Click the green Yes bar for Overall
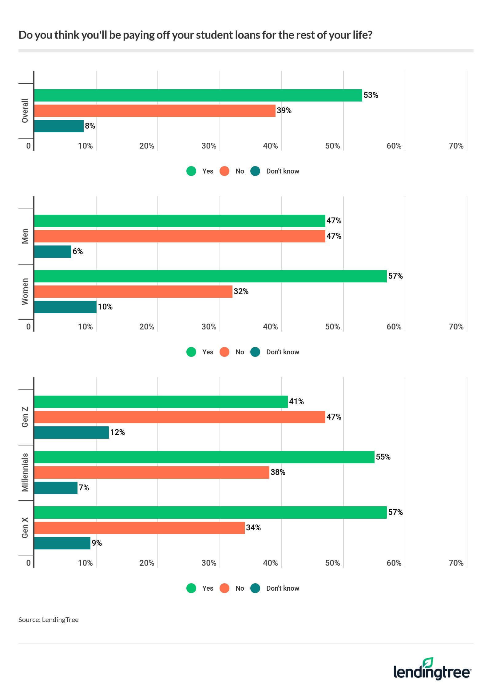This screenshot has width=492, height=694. click(x=198, y=95)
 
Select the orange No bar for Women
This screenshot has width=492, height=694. click(x=133, y=292)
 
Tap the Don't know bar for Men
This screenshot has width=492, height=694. click(x=53, y=252)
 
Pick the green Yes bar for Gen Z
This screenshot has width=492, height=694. click(x=161, y=402)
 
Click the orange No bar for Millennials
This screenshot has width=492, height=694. click(x=152, y=473)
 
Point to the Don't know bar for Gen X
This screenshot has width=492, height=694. click(x=62, y=543)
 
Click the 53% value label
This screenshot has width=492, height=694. click(x=371, y=95)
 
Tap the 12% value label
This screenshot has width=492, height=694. click(x=117, y=433)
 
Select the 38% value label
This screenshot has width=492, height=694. click(x=278, y=473)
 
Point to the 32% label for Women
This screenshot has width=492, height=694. click(x=241, y=292)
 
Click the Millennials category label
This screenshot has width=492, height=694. click(x=25, y=473)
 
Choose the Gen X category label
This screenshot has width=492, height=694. click(x=25, y=528)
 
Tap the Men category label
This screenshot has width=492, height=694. click(x=25, y=236)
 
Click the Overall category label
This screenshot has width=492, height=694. click(x=25, y=111)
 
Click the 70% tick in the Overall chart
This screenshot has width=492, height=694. click(x=456, y=146)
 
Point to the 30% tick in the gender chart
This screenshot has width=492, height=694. click(x=209, y=327)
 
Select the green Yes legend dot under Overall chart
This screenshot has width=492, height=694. click(x=191, y=171)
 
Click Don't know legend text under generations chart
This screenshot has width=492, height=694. click(x=283, y=588)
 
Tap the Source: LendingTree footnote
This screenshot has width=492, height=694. click(x=49, y=620)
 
